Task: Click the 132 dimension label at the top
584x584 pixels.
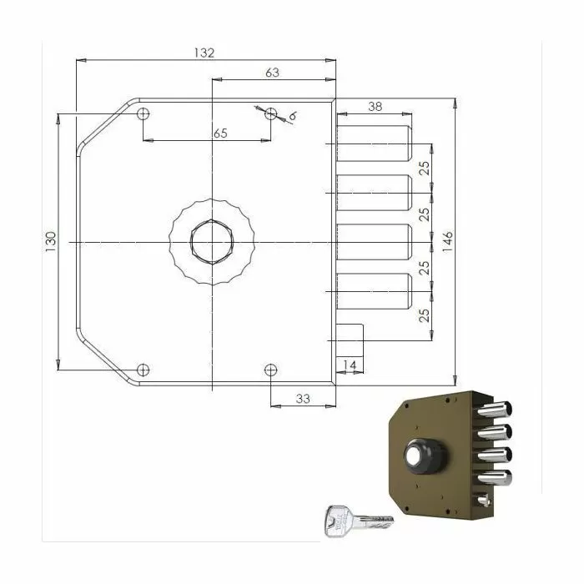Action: pyautogui.click(x=204, y=53)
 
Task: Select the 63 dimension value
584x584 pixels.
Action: pyautogui.click(x=272, y=73)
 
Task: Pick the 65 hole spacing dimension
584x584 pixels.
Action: pyautogui.click(x=220, y=133)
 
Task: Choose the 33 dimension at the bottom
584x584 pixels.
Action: pyautogui.click(x=302, y=399)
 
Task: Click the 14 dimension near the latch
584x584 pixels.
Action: pyautogui.click(x=350, y=365)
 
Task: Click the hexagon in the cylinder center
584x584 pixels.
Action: pyautogui.click(x=211, y=241)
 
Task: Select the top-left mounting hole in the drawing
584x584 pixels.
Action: pyautogui.click(x=143, y=113)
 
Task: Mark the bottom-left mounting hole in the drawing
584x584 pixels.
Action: pyautogui.click(x=143, y=369)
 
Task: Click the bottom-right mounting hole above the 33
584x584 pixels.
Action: pyautogui.click(x=270, y=369)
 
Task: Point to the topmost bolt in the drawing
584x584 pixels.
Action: pyautogui.click(x=374, y=143)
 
